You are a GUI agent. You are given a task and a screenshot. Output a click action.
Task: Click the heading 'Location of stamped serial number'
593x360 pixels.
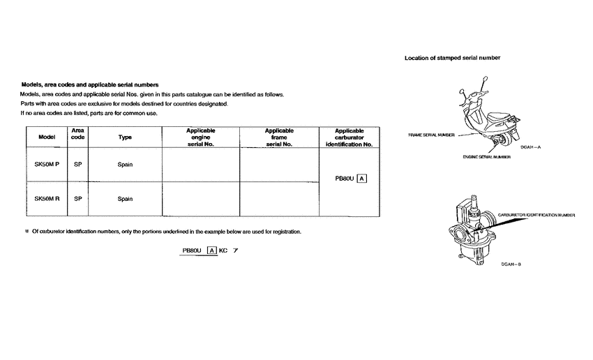tap(452, 58)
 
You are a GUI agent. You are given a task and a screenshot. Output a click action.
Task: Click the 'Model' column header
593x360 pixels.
tap(47, 137)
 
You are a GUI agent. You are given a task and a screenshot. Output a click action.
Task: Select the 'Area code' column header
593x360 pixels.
tap(78, 134)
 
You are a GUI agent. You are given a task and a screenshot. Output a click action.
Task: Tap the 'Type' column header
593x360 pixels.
tap(125, 137)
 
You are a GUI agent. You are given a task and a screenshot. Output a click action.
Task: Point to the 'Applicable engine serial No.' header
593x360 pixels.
tap(200, 137)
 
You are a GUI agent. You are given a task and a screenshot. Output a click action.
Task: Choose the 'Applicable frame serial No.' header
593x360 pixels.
tap(279, 137)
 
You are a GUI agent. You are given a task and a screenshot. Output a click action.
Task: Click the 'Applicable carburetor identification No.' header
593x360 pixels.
tap(350, 137)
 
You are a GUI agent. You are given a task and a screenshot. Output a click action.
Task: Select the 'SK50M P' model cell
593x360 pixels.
tap(47, 165)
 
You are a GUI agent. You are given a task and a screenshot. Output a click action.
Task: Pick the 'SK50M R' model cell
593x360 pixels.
tap(47, 199)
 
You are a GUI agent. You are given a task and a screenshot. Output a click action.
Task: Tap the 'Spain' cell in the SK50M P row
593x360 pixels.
tap(125, 165)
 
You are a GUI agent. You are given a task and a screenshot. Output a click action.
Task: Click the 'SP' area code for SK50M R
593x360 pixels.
tap(78, 199)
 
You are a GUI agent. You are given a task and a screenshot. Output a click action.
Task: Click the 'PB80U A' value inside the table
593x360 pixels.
tap(351, 179)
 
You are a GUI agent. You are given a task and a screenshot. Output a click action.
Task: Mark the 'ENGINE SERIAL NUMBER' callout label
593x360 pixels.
tap(486, 157)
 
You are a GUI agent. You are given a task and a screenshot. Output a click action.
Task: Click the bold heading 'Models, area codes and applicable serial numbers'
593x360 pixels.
tap(91, 84)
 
